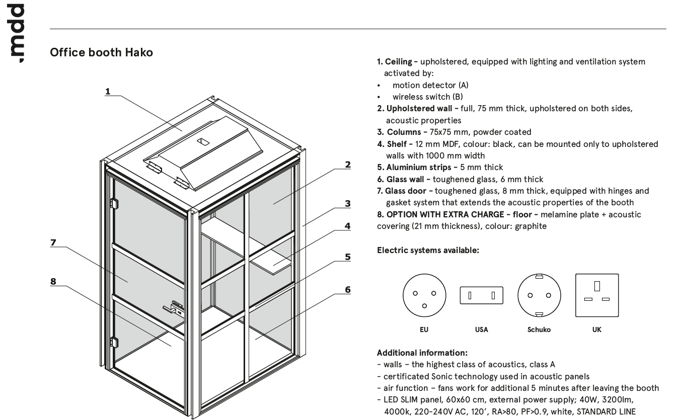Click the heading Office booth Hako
[101, 52]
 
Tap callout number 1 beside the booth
[108, 92]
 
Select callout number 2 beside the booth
[347, 164]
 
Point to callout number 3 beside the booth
[347, 204]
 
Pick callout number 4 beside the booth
[347, 226]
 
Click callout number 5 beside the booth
[347, 257]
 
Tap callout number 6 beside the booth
[347, 290]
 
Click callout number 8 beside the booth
[53, 282]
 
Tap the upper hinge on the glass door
[114, 203]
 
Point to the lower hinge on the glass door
[114, 342]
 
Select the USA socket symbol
[481, 296]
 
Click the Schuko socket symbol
[539, 296]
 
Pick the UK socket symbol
[596, 295]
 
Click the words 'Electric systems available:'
[428, 250]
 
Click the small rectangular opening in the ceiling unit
[202, 141]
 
